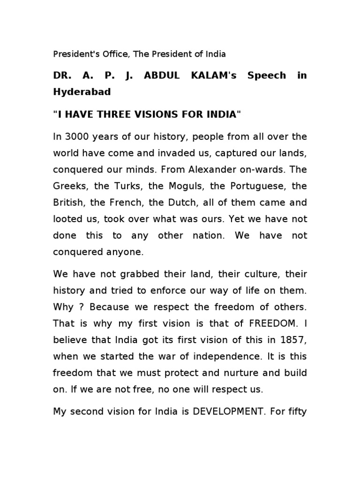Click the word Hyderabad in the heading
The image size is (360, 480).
pyautogui.click(x=82, y=92)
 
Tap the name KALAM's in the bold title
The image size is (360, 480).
pyautogui.click(x=210, y=75)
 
